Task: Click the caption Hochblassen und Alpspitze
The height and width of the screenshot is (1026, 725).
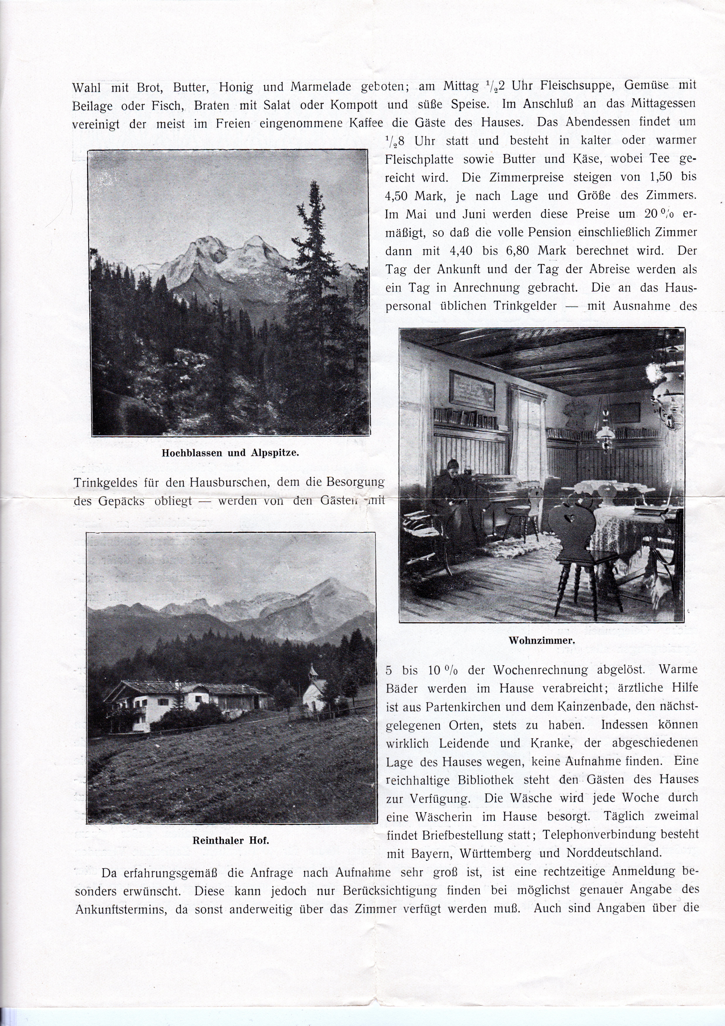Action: [230, 452]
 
